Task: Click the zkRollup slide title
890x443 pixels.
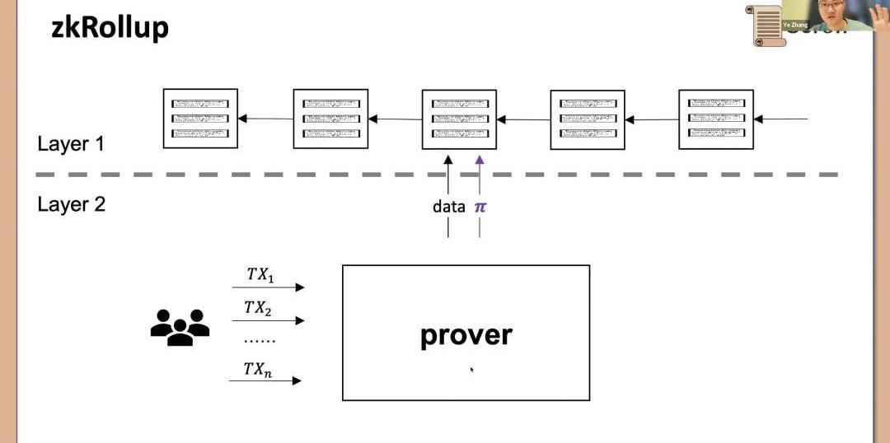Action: (x=110, y=27)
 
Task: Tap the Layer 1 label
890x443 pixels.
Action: (x=71, y=144)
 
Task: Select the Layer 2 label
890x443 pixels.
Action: (x=71, y=204)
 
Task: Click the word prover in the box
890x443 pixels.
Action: (x=466, y=334)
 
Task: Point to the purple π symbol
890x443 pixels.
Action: (x=480, y=207)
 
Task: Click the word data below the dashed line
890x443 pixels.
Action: (x=448, y=207)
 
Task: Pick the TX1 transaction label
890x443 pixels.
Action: (x=260, y=273)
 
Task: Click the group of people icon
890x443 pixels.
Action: (x=180, y=326)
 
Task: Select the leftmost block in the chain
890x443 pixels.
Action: (x=200, y=119)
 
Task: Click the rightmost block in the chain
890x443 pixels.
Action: (x=715, y=119)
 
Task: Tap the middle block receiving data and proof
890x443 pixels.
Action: (x=459, y=119)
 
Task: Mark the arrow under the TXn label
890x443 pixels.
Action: (x=265, y=380)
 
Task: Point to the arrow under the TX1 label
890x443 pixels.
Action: (x=268, y=287)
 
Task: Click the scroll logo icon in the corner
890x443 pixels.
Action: (x=766, y=25)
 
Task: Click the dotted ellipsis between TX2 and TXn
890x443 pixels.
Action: (x=260, y=340)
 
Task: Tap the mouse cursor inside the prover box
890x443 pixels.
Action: (x=471, y=369)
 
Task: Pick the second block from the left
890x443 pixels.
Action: (x=330, y=119)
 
